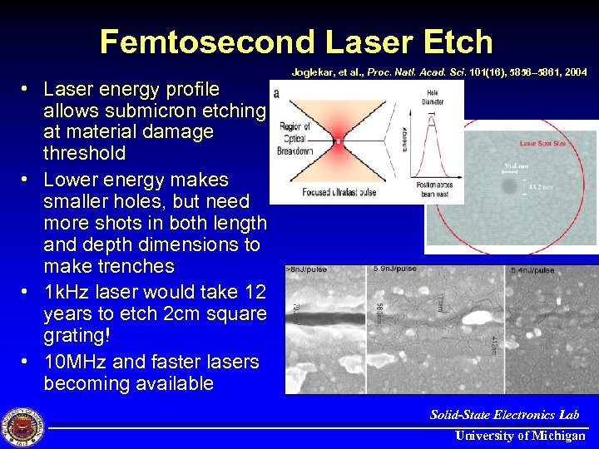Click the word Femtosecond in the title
pyautogui.click(x=205, y=41)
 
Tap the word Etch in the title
pyautogui.click(x=454, y=41)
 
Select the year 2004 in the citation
pyautogui.click(x=574, y=72)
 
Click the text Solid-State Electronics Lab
pyautogui.click(x=504, y=414)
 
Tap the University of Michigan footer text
pyautogui.click(x=519, y=436)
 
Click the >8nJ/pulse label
pyautogui.click(x=306, y=270)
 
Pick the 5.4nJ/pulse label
pyautogui.click(x=532, y=270)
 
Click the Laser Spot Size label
pyautogui.click(x=542, y=144)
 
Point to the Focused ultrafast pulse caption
pyautogui.click(x=340, y=194)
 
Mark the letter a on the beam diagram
pyautogui.click(x=275, y=93)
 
